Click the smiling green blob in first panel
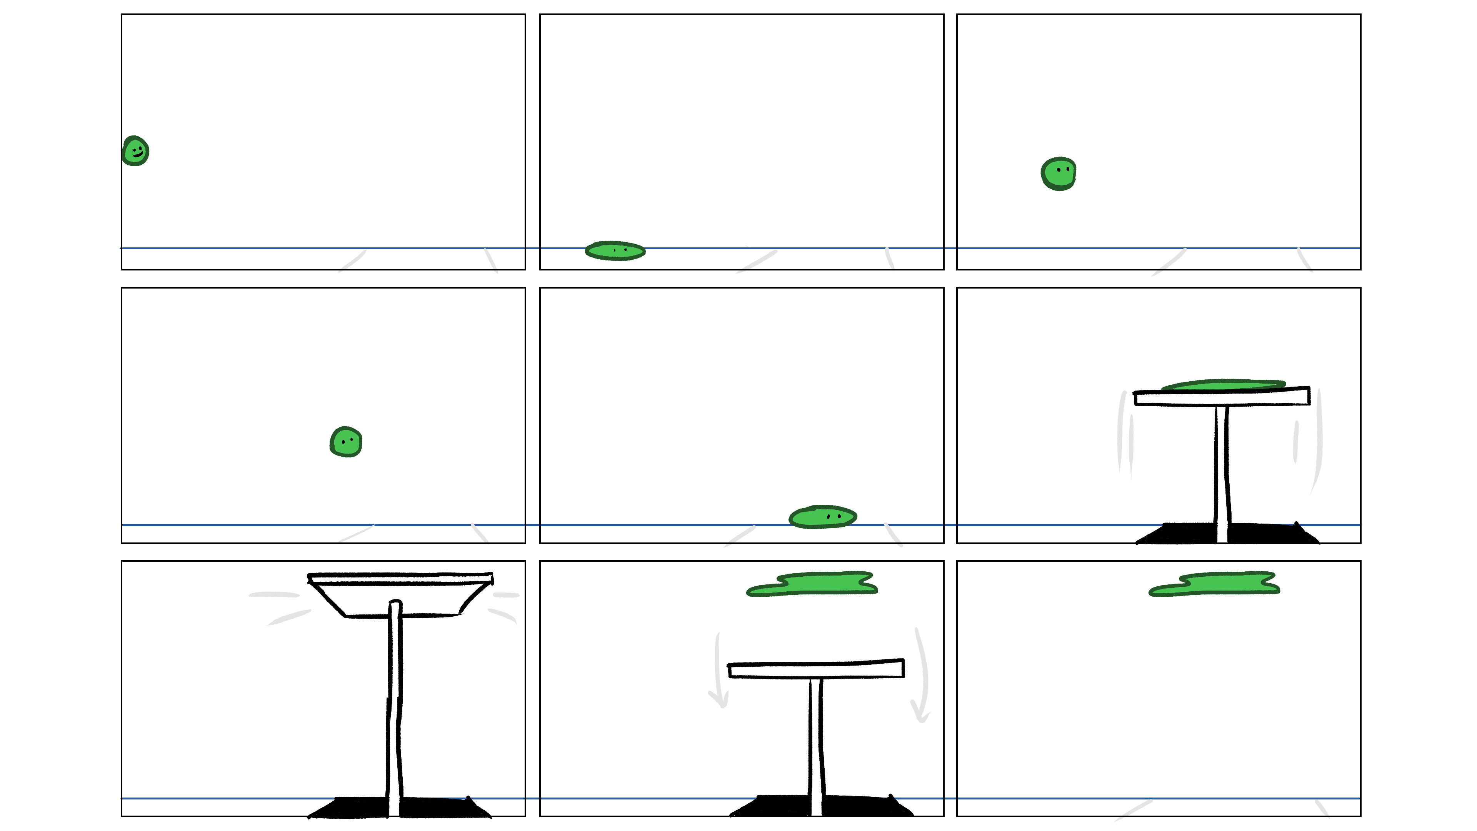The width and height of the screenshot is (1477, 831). tap(136, 151)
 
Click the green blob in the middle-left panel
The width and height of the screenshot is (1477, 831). tap(346, 442)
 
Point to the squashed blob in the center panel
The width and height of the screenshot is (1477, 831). tap(823, 517)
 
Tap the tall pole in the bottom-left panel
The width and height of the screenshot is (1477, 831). tap(395, 706)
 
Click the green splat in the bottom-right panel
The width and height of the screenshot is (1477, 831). tap(1215, 584)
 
